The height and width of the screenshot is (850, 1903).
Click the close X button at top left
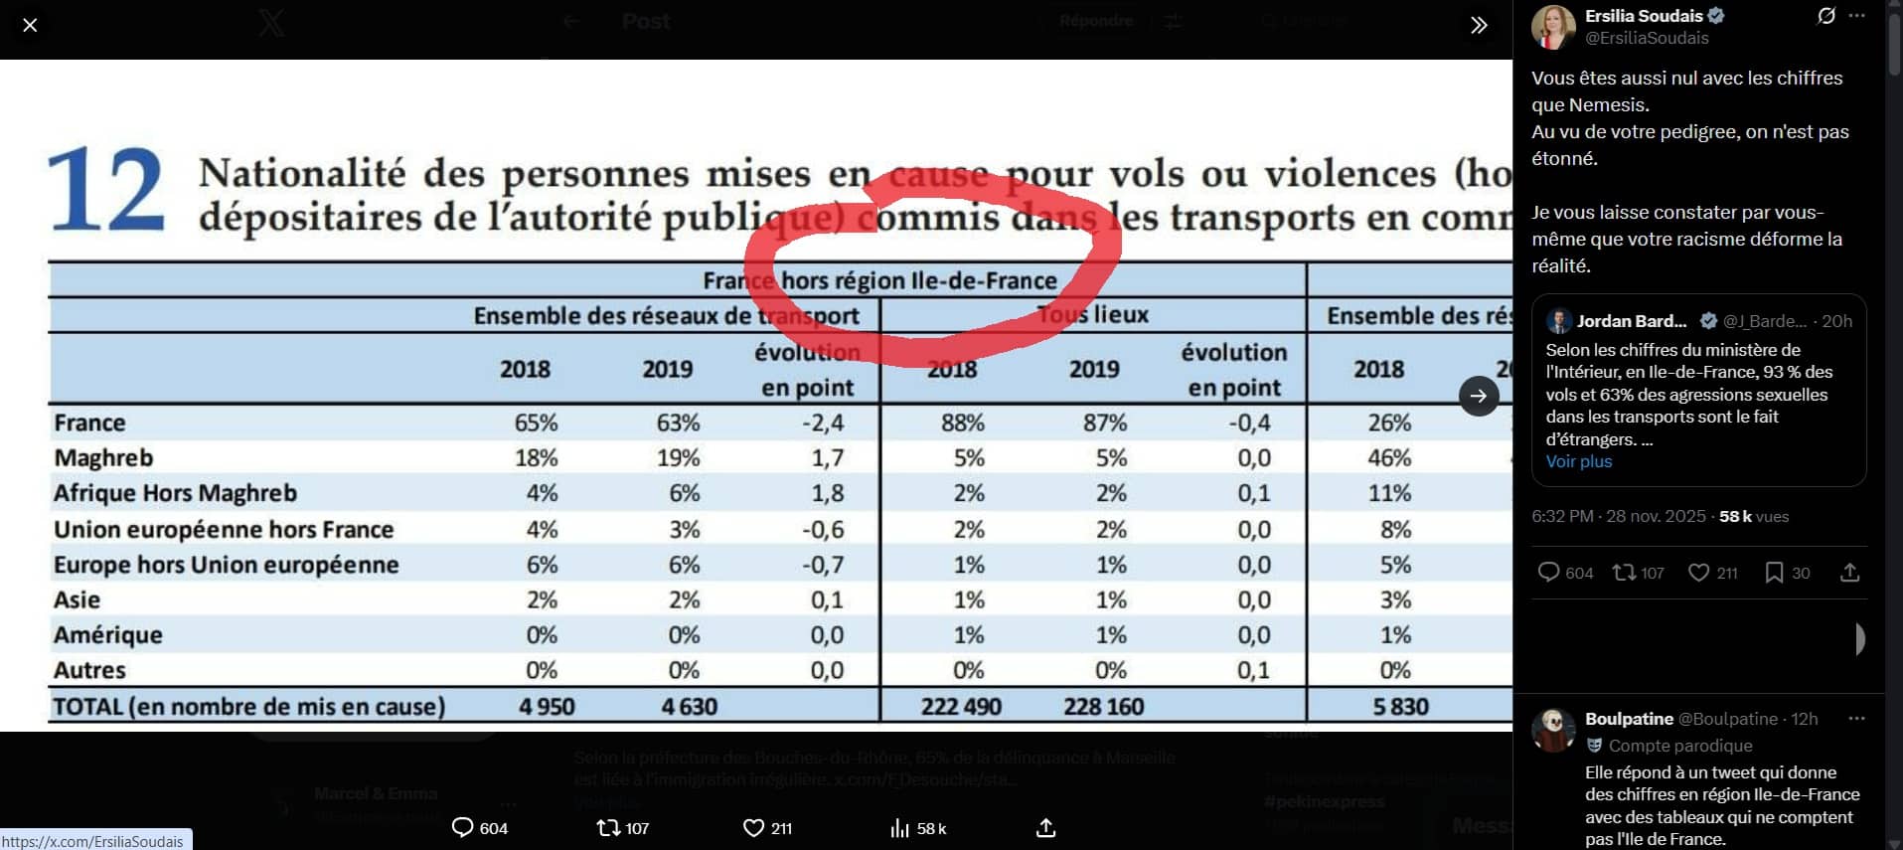(30, 25)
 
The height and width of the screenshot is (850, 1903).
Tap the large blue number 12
(106, 189)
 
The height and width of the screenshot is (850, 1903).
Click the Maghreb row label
(103, 458)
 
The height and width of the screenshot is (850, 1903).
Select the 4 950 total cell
(547, 707)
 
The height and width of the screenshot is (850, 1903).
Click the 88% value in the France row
(962, 423)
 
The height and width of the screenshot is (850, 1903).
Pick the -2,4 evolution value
(823, 423)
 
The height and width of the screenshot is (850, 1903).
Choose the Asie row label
(78, 599)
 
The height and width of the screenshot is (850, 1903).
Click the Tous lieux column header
(1092, 315)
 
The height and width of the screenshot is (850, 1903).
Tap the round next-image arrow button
(1479, 396)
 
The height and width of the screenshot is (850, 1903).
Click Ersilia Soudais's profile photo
(1553, 27)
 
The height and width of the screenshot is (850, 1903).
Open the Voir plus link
(1578, 461)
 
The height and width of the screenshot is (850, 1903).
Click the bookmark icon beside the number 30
(1774, 573)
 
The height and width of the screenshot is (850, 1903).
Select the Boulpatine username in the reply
(1629, 719)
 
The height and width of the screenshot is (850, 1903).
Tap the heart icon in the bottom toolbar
(753, 828)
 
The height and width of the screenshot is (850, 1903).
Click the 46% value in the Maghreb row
(1388, 458)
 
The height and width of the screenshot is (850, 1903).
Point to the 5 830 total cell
(1400, 707)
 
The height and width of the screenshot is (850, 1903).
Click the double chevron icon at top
(1479, 25)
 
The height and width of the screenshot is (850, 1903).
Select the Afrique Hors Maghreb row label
(175, 493)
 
